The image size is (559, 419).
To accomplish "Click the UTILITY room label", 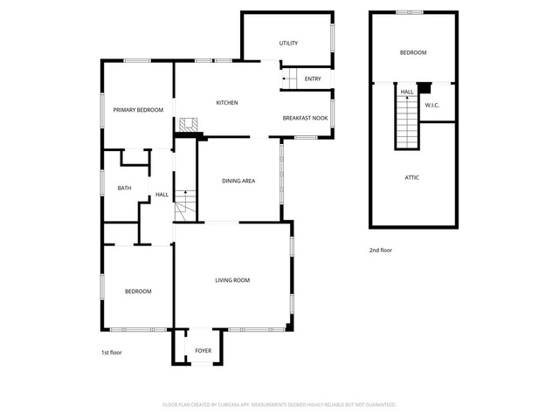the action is [x=288, y=43].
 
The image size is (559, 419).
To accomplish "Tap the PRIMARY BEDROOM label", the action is [x=138, y=110].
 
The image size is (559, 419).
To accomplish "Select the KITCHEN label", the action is [x=227, y=103].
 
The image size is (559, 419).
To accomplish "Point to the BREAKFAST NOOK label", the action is [x=305, y=118].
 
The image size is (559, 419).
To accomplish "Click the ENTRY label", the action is [x=313, y=79].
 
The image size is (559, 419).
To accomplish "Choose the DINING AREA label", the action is [x=238, y=181].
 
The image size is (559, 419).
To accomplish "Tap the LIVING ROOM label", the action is [x=232, y=280].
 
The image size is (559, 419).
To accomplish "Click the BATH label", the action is [x=124, y=188].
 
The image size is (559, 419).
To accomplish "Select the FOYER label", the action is [x=204, y=351].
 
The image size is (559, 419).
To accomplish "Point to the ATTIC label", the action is [x=411, y=177].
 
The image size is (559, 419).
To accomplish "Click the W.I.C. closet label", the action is [x=432, y=106].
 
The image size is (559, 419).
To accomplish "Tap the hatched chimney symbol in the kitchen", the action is [x=189, y=125].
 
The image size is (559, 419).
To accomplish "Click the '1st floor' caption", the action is [x=112, y=353].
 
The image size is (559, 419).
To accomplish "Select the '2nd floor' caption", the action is [x=381, y=251].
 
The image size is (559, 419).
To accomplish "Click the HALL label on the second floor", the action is [x=407, y=92].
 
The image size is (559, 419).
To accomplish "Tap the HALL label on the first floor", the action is [x=162, y=195].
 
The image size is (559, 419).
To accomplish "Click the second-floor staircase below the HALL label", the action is [x=407, y=122].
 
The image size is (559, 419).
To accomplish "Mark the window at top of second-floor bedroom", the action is [x=410, y=12].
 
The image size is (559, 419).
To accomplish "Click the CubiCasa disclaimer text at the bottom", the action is [x=279, y=405].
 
